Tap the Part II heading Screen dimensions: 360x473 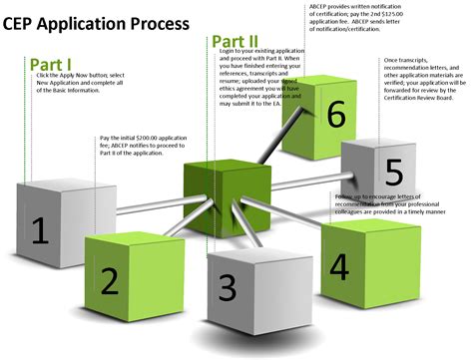tap(236, 43)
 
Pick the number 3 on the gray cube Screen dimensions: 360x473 tap(227, 287)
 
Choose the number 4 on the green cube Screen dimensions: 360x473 tap(339, 267)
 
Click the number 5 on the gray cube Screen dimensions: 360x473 tap(394, 169)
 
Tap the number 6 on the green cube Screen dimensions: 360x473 tap(336, 115)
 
